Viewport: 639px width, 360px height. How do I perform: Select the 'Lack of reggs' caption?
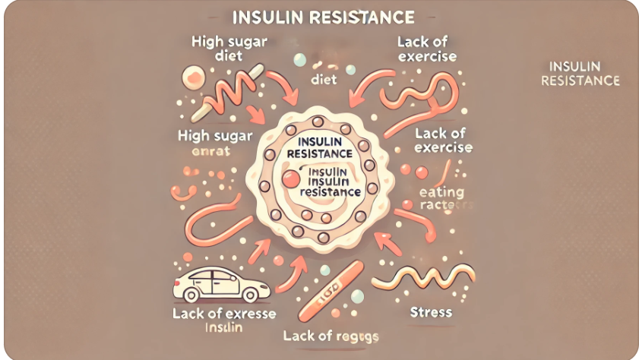click(331, 335)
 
